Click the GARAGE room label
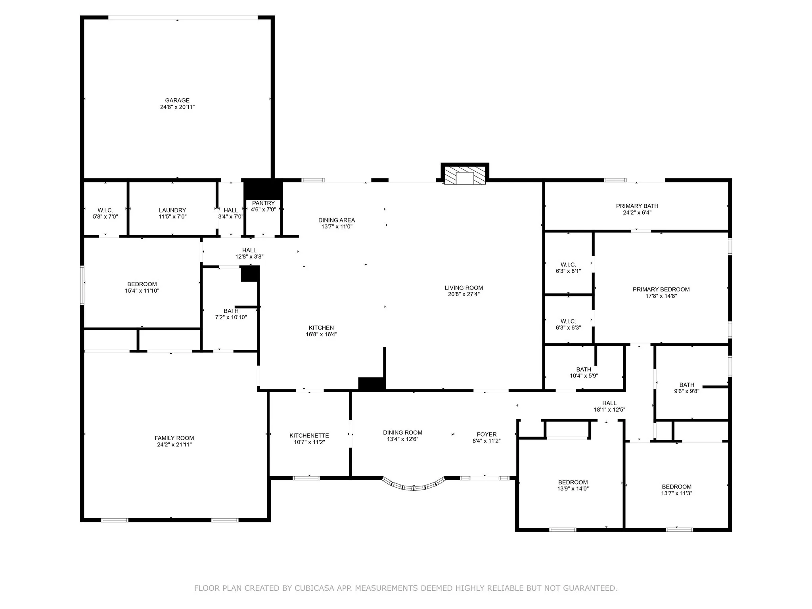click(177, 100)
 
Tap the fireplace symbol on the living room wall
click(465, 175)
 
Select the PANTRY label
click(263, 203)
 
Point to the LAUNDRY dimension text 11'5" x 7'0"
click(172, 217)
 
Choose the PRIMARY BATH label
click(637, 206)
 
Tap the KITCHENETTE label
click(309, 435)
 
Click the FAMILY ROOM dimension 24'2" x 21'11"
click(174, 444)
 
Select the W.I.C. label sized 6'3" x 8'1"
click(568, 264)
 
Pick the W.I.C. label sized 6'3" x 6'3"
click(568, 321)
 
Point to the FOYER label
click(486, 434)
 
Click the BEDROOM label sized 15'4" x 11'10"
click(142, 284)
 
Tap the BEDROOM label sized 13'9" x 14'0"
click(573, 482)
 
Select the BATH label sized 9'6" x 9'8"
click(687, 385)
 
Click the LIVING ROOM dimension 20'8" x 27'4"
click(463, 294)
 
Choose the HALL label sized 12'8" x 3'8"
click(249, 250)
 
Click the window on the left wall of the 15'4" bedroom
click(82, 285)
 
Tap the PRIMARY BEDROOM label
click(661, 289)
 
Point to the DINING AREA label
click(336, 220)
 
